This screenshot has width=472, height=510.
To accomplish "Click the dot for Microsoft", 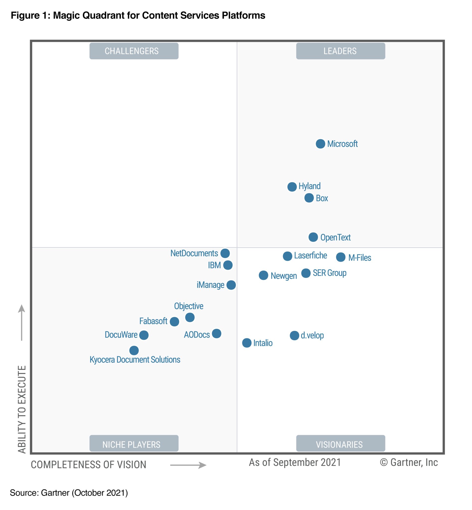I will point(320,144).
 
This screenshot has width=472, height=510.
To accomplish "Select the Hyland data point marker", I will point(292,187).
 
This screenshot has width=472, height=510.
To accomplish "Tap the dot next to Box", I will point(309,198).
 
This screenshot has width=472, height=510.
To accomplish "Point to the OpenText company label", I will point(335,238).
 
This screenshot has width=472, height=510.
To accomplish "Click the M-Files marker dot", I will point(341,257).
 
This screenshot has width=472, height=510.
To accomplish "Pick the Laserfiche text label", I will point(310,255).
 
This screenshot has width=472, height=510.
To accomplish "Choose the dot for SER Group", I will point(306,273).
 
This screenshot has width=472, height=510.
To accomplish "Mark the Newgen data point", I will point(263,275).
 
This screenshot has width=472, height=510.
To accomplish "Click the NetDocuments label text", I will point(194,253).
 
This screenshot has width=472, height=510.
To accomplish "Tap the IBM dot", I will point(228,265).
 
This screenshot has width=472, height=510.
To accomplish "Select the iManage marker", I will point(231,285).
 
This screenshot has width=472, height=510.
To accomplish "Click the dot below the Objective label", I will point(190,318).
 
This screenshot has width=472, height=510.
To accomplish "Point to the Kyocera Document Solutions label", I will point(135,360).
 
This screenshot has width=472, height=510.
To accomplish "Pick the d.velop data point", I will point(294,335).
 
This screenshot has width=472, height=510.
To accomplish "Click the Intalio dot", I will point(247,343).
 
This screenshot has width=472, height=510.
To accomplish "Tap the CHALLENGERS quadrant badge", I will point(134,51).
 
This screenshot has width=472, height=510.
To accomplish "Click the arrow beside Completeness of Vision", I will point(188,465).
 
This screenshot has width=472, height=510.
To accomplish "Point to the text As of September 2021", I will point(295,462).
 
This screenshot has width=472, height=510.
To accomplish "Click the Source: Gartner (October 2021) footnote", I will point(69,493).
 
